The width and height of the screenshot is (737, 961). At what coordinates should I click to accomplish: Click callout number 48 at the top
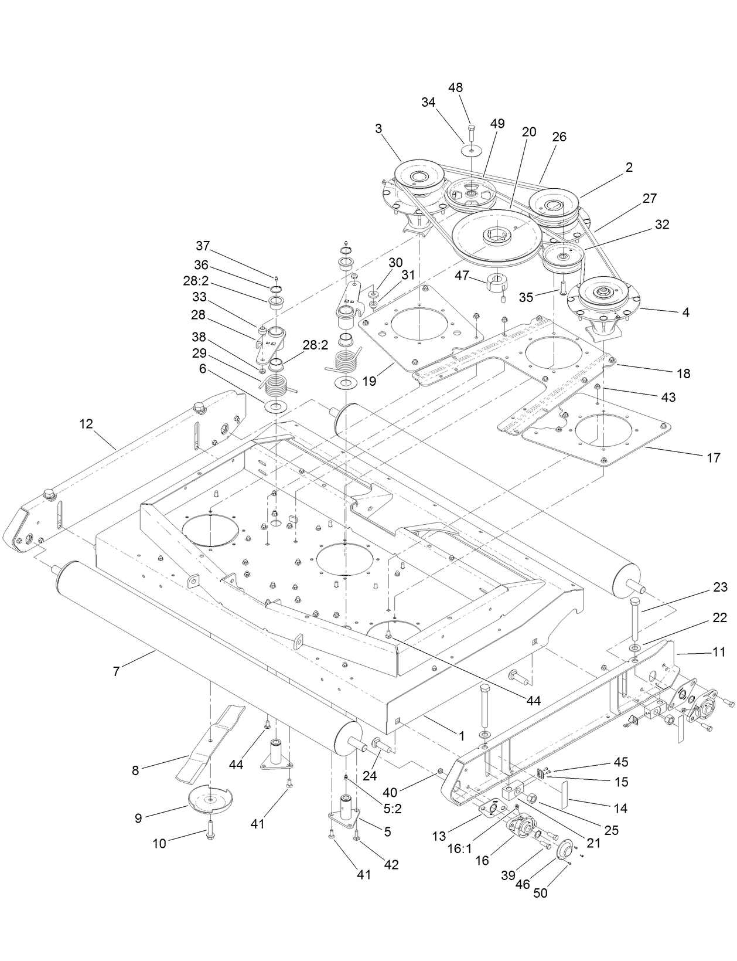pyautogui.click(x=455, y=87)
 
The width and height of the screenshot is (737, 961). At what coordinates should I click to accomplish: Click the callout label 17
pyautogui.click(x=713, y=458)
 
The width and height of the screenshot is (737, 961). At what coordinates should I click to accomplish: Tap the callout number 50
pyautogui.click(x=541, y=893)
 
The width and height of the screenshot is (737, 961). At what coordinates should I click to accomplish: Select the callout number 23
pyautogui.click(x=720, y=588)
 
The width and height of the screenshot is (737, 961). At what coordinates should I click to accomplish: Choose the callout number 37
pyautogui.click(x=203, y=245)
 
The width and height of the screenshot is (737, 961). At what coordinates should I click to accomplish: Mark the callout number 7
pyautogui.click(x=116, y=671)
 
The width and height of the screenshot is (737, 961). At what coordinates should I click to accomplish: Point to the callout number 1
pyautogui.click(x=462, y=735)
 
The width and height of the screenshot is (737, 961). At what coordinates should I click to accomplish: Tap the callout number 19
pyautogui.click(x=368, y=382)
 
